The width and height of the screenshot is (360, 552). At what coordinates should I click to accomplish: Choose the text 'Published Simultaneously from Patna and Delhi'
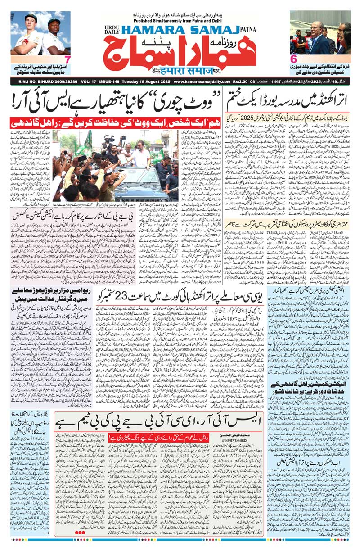pos(180,21)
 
